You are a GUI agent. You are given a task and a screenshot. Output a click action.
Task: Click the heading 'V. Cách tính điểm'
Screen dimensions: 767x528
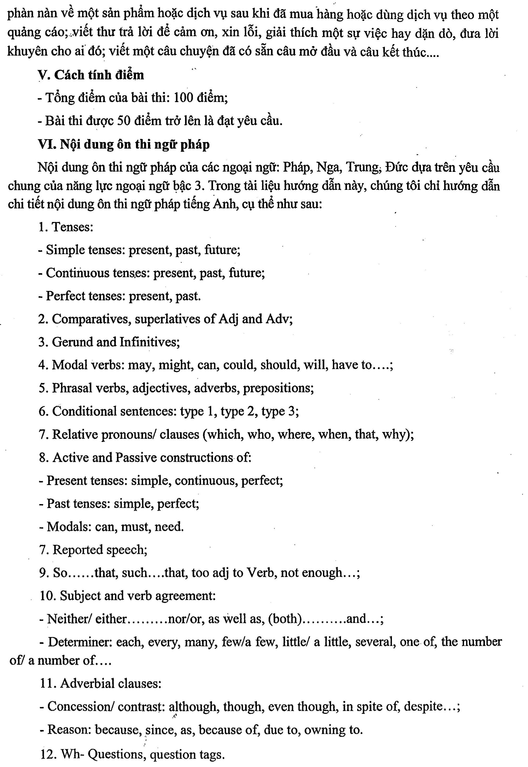pos(91,75)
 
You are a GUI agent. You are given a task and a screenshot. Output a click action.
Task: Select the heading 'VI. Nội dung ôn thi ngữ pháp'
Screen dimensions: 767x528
pos(124,145)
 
